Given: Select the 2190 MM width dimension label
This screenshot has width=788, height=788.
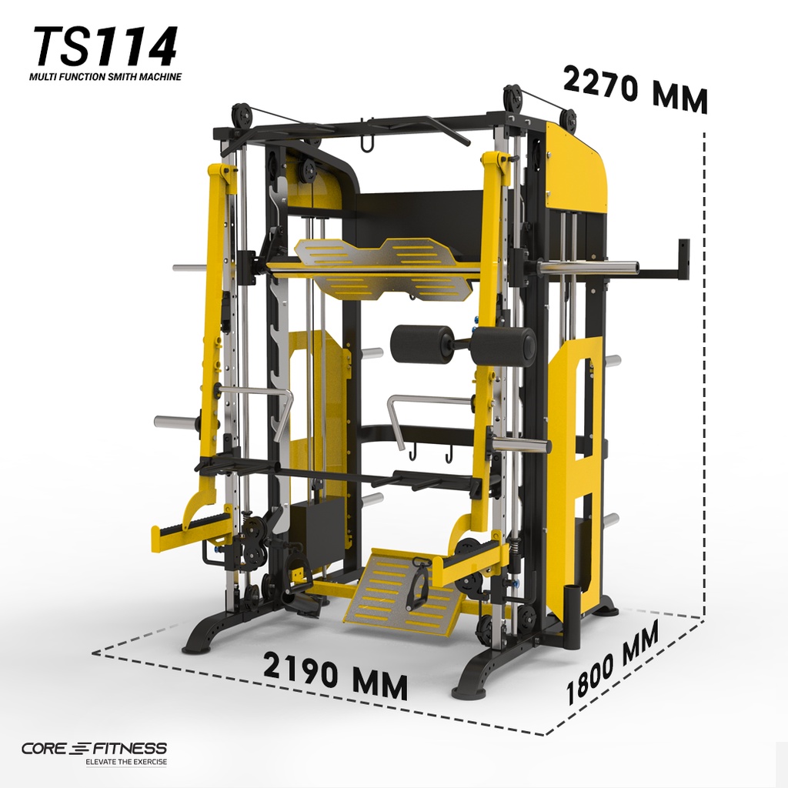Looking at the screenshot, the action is tap(335, 675).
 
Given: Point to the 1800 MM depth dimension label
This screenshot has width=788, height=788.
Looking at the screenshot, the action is tap(612, 663).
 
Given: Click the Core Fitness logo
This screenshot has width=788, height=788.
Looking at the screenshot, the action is tap(94, 749).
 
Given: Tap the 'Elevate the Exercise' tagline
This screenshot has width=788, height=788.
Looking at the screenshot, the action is tap(126, 762).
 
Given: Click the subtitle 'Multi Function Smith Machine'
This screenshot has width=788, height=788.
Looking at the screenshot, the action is tap(105, 77).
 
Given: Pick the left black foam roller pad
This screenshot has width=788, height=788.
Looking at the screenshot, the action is tap(422, 345).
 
